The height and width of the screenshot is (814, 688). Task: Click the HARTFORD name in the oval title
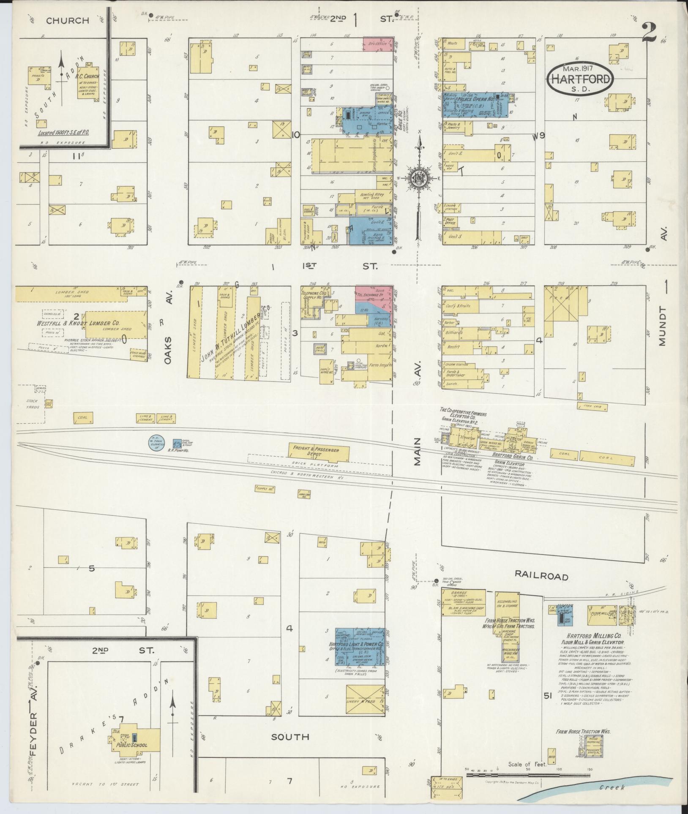coord(580,79)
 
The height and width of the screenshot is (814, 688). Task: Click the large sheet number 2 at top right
coord(649,32)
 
